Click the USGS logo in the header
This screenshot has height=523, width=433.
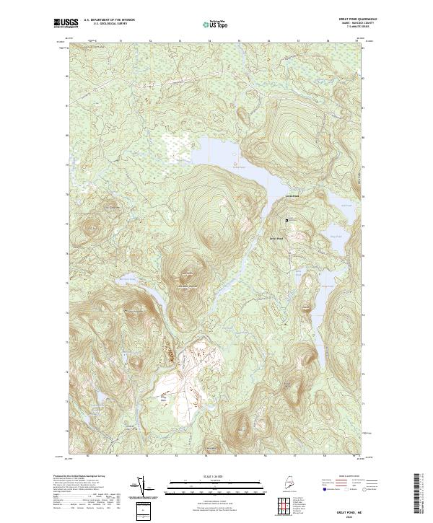tap(66, 23)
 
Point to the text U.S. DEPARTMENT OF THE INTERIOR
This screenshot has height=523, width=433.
tap(109, 20)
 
